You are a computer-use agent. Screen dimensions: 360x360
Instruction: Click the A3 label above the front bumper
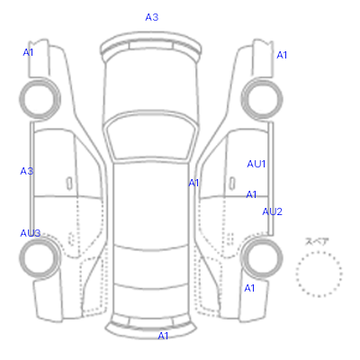pos(152,17)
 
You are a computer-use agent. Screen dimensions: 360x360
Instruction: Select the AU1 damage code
pos(256,164)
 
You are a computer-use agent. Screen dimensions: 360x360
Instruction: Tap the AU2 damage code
pos(273,211)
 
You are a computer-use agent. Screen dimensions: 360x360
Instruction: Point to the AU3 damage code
pos(31,233)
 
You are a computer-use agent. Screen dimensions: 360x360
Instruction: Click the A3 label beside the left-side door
pos(26,171)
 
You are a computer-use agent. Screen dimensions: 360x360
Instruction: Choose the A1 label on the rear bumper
pos(163,336)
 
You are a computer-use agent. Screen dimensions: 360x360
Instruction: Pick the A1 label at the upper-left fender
pos(28,52)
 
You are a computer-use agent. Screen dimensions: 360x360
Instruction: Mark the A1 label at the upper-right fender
pos(282,55)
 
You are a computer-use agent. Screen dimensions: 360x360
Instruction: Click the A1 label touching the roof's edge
pos(193,183)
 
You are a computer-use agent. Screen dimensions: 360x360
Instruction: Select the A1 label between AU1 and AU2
pos(251,194)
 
